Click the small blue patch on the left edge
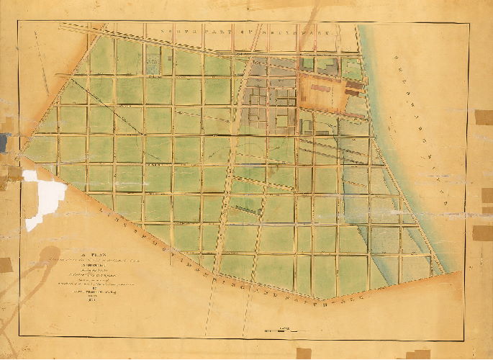[x=3, y=143]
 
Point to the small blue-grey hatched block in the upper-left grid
[x=153, y=63]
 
